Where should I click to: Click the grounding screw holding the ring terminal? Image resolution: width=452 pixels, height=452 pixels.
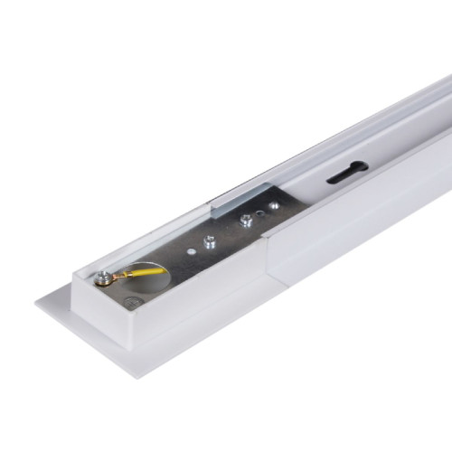[x=106, y=279]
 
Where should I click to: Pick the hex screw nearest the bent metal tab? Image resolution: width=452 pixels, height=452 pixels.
[x=245, y=221]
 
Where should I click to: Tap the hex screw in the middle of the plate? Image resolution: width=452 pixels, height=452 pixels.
[x=210, y=241]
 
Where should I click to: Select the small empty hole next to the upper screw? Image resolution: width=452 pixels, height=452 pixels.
[x=261, y=213]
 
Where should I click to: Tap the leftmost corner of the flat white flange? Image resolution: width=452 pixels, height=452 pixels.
[x=37, y=301]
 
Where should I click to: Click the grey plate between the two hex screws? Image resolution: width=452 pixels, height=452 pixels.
[x=227, y=231]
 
